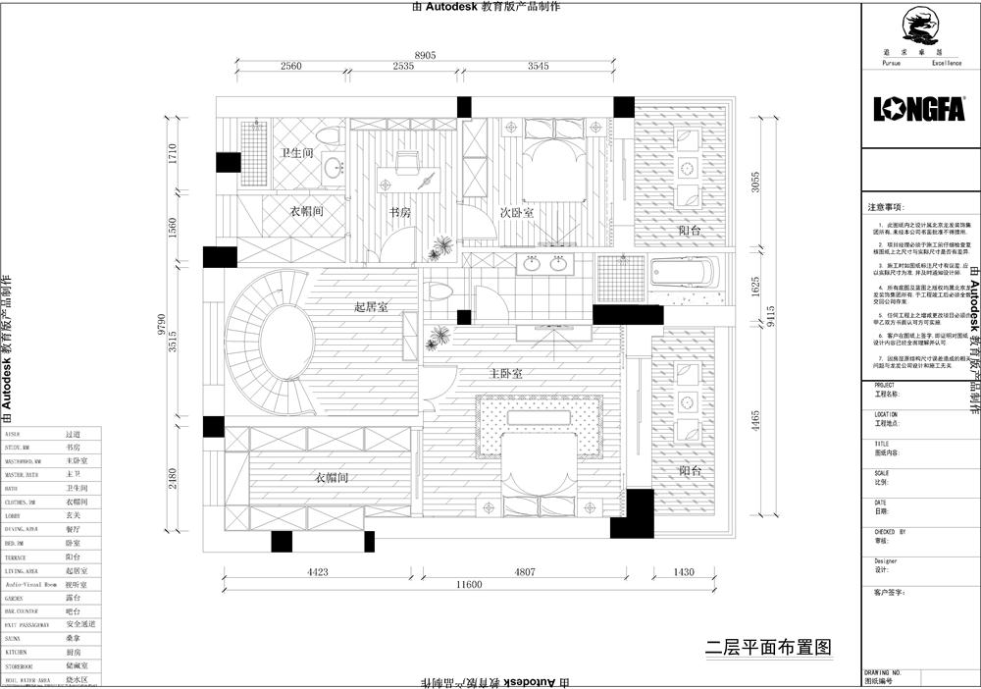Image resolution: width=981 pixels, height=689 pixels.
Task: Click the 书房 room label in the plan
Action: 399,212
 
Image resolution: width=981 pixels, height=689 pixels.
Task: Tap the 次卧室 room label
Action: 516,212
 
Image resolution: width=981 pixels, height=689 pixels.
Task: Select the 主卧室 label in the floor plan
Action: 505,374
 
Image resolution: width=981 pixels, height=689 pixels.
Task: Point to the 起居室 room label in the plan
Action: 371,307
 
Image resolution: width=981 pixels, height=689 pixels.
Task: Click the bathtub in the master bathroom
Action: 684,272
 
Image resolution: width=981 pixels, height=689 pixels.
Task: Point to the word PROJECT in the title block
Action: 886,386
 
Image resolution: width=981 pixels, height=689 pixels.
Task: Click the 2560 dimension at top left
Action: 290,67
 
